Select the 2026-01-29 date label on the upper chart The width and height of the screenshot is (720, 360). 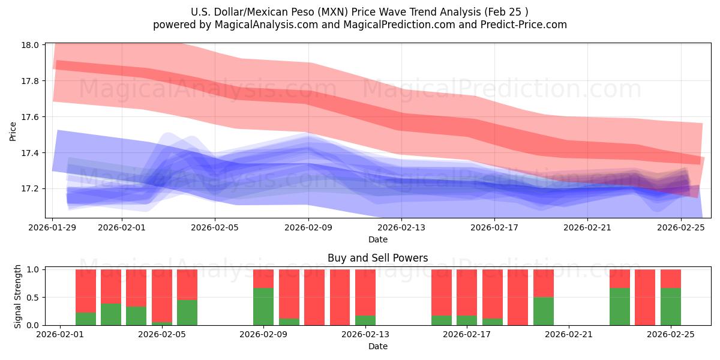coord(53,228)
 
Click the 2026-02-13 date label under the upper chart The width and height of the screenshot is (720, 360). coord(401,228)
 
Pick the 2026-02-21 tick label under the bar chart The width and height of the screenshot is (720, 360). coord(569,335)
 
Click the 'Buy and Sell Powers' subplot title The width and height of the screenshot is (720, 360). coord(377,259)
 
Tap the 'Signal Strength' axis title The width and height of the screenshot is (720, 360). coord(18,297)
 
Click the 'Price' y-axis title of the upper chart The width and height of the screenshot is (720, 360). coord(13,131)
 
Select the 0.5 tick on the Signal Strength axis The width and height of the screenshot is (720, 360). coord(34,298)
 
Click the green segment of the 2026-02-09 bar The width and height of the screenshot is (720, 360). coord(263,307)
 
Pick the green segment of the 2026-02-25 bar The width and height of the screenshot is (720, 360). coord(670,307)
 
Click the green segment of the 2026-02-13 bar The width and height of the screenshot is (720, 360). coord(365,320)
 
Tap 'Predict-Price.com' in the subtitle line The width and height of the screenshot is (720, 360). coord(524,25)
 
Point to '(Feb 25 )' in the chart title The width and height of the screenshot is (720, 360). coord(507,12)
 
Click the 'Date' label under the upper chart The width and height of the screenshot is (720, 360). coord(377,239)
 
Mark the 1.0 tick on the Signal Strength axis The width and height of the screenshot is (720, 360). coord(34,270)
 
